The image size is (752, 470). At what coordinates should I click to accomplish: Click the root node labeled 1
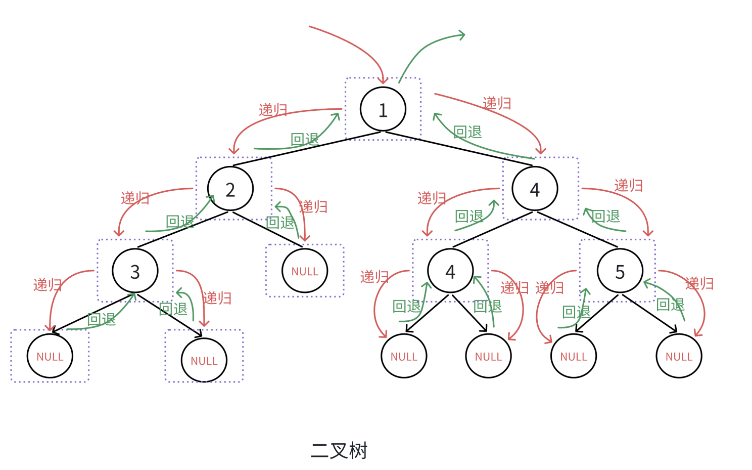(x=383, y=109)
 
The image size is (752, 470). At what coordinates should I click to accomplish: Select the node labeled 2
(x=230, y=189)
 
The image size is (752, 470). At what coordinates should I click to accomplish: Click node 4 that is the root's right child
(x=535, y=189)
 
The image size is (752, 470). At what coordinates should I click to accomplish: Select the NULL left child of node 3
(x=50, y=356)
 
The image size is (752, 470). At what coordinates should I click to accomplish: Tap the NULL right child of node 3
(x=204, y=360)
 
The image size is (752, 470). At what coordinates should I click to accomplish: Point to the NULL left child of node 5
(x=573, y=356)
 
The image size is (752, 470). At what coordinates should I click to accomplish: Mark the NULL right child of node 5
(x=679, y=356)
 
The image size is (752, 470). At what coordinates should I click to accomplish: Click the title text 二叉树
(x=339, y=450)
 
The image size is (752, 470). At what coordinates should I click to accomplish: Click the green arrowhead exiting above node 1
(x=461, y=35)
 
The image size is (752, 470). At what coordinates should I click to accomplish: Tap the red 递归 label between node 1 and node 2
(x=273, y=110)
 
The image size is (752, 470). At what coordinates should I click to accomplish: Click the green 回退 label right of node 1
(x=467, y=132)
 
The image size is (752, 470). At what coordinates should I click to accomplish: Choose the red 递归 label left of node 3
(x=48, y=285)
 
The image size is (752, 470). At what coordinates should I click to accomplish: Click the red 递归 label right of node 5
(x=699, y=283)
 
